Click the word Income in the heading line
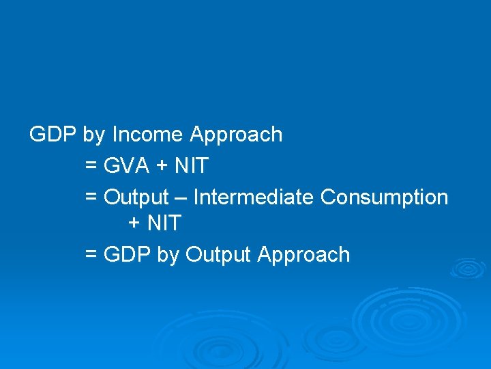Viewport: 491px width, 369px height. (147, 135)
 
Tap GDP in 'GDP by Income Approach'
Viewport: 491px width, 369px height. (53, 135)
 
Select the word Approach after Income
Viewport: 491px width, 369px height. (236, 135)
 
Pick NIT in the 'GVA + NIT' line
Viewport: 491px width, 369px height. (191, 165)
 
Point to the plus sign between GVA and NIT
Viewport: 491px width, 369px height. (164, 166)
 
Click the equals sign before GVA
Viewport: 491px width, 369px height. (91, 166)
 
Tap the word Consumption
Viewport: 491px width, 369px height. (384, 197)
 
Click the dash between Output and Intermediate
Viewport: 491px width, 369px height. (181, 198)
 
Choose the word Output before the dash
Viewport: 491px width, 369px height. (136, 197)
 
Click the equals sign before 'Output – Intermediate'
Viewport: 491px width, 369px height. (91, 198)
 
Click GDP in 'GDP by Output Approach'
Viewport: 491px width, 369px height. (128, 255)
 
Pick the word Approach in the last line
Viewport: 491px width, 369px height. (303, 255)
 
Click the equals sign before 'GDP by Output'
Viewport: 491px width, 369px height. (91, 256)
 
